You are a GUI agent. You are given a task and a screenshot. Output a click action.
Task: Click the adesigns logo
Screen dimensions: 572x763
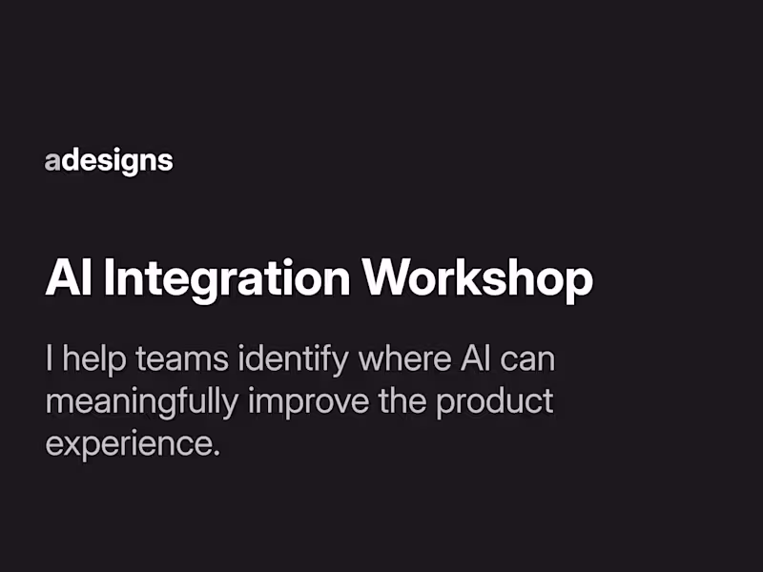109,161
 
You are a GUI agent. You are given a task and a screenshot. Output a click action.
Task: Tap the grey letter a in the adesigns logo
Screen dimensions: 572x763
52,161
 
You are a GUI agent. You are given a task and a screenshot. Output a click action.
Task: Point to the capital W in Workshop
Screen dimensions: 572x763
385,277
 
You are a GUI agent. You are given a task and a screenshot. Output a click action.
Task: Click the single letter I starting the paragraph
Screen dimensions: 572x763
49,359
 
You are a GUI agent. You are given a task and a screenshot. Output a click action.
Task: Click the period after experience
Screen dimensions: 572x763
217,452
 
